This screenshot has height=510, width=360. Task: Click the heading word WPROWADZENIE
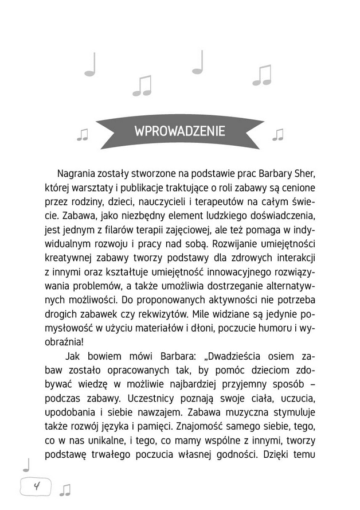point(179,130)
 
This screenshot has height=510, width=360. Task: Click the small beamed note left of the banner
point(83,134)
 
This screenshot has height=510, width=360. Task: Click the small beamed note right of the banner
point(278,134)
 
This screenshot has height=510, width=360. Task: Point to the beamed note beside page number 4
point(65,489)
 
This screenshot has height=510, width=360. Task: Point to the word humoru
point(271,328)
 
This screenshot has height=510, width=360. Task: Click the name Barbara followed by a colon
point(165,355)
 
